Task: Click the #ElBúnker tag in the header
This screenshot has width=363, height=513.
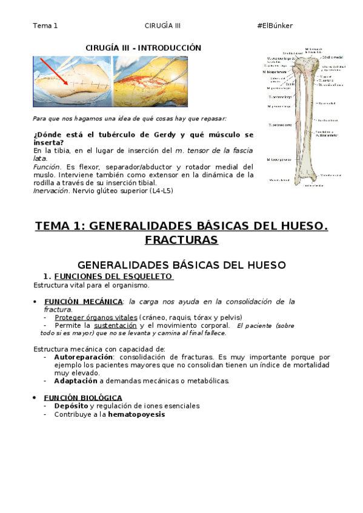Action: click(x=276, y=26)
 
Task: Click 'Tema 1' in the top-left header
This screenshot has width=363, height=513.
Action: click(x=45, y=26)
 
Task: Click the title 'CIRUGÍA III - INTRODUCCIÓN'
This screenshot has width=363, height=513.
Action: click(x=143, y=48)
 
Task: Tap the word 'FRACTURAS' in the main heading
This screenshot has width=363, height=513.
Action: click(x=181, y=240)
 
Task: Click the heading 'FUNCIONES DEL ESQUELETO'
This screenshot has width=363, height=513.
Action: click(x=113, y=276)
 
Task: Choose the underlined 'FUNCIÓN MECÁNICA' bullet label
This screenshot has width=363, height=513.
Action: click(x=84, y=301)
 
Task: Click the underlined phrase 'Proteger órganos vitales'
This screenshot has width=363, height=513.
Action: click(x=96, y=317)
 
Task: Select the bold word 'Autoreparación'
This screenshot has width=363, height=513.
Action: click(x=82, y=358)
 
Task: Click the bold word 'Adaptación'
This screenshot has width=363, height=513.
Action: click(x=76, y=381)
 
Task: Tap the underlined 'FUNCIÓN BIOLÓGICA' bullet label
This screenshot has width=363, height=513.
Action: click(x=83, y=397)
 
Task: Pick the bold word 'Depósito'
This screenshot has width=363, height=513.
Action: click(x=70, y=406)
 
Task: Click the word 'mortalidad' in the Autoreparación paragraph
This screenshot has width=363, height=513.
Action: click(x=306, y=365)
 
